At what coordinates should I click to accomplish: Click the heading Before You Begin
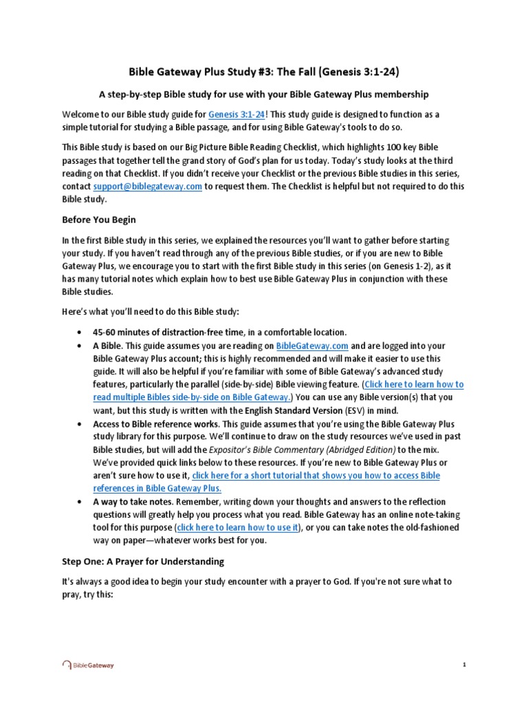coord(100,220)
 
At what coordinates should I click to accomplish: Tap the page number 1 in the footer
coord(465,665)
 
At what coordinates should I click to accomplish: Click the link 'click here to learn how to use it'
coord(239,527)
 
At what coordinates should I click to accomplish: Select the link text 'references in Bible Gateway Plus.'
coord(157,487)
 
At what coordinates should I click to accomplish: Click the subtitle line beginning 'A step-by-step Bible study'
coord(264,94)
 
